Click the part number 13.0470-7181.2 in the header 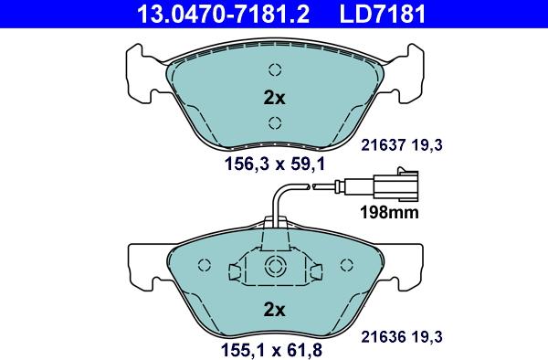coord(224,14)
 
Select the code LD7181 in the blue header coord(383,14)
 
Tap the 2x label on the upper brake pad coord(274,98)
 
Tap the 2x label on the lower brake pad coord(274,310)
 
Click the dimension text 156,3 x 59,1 coord(275,164)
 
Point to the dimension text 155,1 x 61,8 coord(271,350)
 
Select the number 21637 coord(383,144)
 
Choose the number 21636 coord(383,337)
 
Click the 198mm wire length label coord(389,212)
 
